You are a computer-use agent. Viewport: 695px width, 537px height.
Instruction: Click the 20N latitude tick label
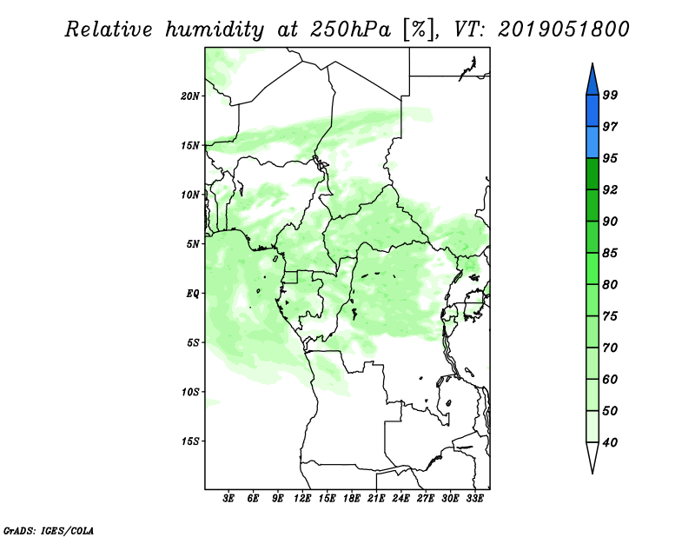pyautogui.click(x=189, y=96)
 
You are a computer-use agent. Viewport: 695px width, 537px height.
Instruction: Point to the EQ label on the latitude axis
pyautogui.click(x=193, y=294)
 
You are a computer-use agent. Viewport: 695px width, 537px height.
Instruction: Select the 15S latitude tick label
pyautogui.click(x=189, y=441)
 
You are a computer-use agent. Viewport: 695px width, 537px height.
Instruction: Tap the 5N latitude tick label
pyautogui.click(x=193, y=244)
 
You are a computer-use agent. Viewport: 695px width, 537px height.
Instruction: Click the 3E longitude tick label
pyautogui.click(x=228, y=499)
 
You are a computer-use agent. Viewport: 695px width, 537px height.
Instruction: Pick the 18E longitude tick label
pyautogui.click(x=352, y=499)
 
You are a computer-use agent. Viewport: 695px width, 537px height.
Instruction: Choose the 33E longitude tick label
pyautogui.click(x=474, y=499)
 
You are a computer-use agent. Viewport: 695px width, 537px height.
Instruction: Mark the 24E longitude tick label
pyautogui.click(x=400, y=499)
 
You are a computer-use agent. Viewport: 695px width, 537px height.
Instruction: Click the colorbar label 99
pyautogui.click(x=610, y=95)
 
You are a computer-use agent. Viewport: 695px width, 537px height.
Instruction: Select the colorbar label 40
pyautogui.click(x=610, y=442)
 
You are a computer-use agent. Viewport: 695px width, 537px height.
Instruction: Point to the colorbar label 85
pyautogui.click(x=610, y=253)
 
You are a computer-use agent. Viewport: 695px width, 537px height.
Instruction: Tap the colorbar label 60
pyautogui.click(x=610, y=379)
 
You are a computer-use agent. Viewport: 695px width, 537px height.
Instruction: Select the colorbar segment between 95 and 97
pyautogui.click(x=592, y=143)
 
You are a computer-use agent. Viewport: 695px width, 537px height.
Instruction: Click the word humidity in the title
pyautogui.click(x=215, y=30)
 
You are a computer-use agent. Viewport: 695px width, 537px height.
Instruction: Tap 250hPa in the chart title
pyautogui.click(x=350, y=30)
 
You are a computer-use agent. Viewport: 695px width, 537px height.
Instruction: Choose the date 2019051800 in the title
pyautogui.click(x=563, y=30)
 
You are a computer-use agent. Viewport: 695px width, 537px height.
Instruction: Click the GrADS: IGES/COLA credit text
pyautogui.click(x=49, y=530)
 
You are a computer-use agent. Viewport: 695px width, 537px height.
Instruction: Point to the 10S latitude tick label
pyautogui.click(x=189, y=392)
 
